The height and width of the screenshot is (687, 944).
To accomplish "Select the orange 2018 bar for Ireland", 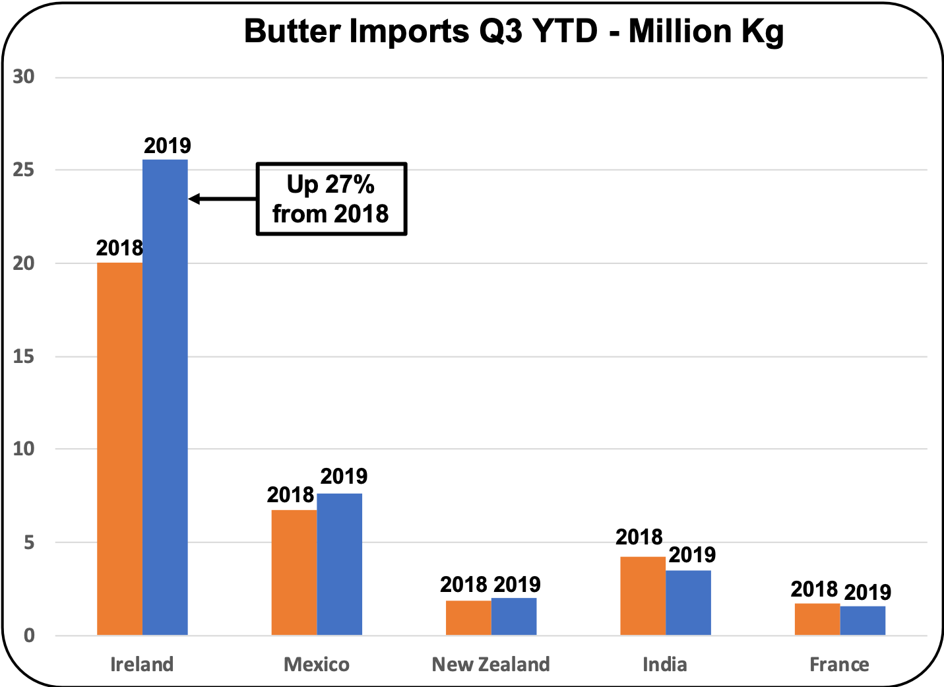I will [x=119, y=449].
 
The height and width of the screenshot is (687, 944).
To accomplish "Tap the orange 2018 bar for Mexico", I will [x=294, y=572].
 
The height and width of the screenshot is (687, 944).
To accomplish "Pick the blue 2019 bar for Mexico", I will [x=340, y=564].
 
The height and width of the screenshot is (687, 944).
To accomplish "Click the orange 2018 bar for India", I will [x=643, y=596].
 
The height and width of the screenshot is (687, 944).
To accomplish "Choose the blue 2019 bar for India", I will [x=688, y=603].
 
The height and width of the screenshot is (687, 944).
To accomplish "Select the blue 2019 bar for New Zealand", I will [x=514, y=616].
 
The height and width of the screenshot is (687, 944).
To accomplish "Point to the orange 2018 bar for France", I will [x=817, y=619].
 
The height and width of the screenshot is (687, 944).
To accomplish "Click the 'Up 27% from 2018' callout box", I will [x=331, y=199].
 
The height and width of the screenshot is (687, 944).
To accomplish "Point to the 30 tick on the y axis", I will [x=24, y=77].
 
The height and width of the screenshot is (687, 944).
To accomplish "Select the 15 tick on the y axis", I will [x=24, y=356].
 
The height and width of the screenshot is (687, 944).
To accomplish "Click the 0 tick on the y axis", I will [x=29, y=636].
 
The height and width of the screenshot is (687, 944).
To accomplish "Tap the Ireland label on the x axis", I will [x=142, y=664].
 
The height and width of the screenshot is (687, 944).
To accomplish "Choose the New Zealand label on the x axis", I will [x=491, y=664].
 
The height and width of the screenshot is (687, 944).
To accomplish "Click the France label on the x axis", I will [x=839, y=664].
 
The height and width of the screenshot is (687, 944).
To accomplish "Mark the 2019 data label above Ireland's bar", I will [x=168, y=146].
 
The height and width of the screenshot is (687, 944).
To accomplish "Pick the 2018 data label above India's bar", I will [x=639, y=537].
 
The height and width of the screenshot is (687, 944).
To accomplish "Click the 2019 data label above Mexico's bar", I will [x=344, y=476].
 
